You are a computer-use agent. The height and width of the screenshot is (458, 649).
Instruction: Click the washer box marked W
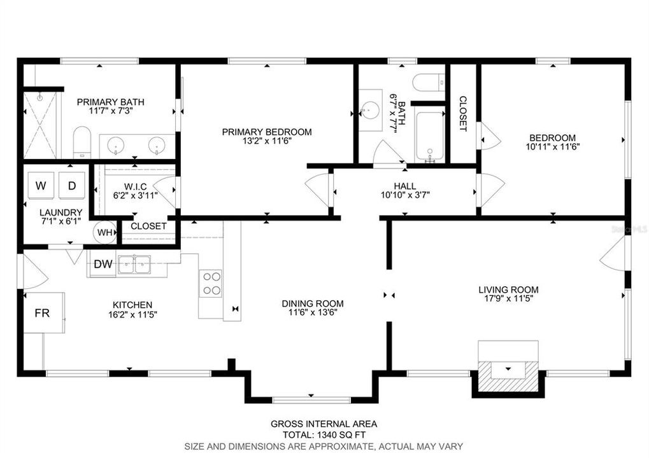(x=41, y=186)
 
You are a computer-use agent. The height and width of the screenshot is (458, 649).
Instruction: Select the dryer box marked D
(x=72, y=186)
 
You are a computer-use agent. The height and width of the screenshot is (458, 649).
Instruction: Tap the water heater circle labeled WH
(x=105, y=233)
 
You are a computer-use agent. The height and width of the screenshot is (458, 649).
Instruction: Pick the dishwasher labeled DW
(x=101, y=264)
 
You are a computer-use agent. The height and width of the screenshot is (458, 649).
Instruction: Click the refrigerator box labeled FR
(x=42, y=313)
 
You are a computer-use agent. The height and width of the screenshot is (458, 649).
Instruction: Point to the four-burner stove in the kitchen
(x=211, y=283)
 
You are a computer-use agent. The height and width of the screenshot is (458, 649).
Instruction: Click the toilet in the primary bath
(x=82, y=142)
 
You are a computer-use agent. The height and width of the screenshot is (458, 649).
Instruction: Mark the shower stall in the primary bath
(x=39, y=125)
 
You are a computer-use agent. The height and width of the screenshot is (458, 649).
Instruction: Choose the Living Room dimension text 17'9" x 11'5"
(x=508, y=299)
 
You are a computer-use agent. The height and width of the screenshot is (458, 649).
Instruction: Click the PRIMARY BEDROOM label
(x=267, y=132)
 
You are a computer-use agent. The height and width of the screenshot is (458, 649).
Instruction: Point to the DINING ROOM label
(x=313, y=303)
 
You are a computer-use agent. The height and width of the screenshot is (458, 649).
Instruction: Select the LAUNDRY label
(x=61, y=212)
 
